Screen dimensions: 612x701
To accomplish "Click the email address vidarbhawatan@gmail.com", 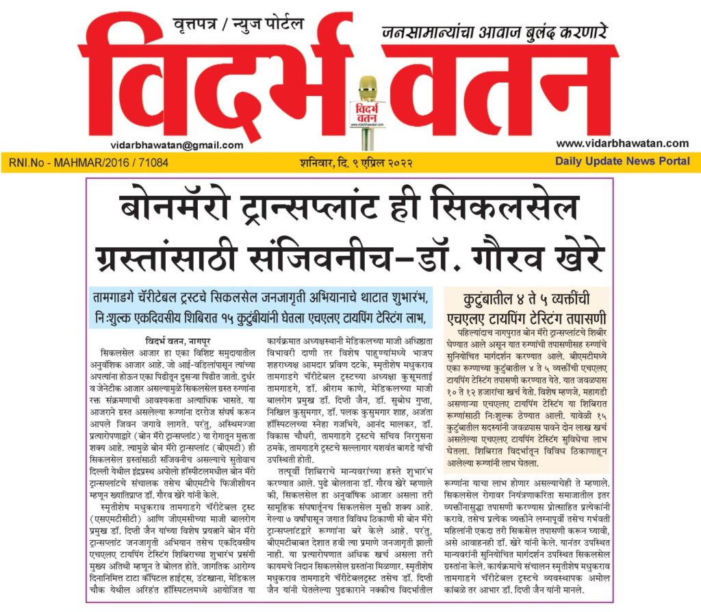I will click(x=177, y=145).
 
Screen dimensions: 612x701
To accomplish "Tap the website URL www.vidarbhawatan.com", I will click(x=622, y=143).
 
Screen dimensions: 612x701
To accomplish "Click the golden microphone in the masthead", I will click(x=368, y=89).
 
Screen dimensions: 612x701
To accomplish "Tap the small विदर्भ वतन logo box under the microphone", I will click(x=368, y=114).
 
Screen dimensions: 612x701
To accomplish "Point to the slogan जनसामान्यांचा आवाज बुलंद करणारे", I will click(x=495, y=31).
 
